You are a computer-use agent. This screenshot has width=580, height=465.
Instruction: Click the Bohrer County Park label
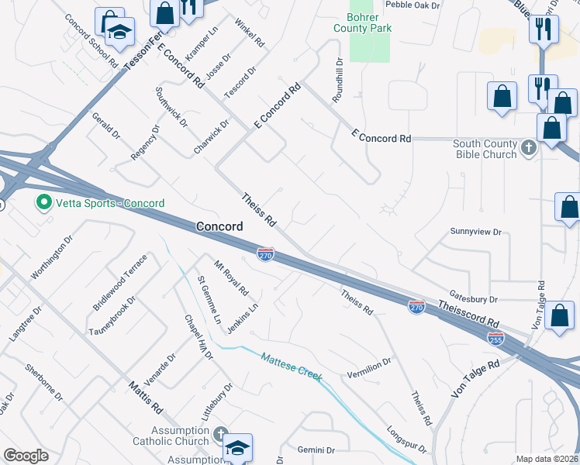point(362,22)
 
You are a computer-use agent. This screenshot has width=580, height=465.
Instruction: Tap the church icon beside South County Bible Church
point(529,147)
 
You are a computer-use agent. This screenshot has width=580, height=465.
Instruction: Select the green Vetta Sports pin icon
point(43,204)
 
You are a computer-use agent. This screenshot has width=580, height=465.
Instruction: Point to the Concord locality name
point(219,226)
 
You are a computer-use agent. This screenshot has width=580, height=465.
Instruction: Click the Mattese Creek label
point(292,366)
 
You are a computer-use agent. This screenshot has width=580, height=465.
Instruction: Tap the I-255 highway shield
point(495,338)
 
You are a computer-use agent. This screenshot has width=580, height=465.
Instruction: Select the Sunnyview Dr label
point(477,232)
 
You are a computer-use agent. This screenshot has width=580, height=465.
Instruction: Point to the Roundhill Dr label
point(337,81)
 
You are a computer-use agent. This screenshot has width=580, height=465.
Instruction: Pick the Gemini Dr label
point(316,449)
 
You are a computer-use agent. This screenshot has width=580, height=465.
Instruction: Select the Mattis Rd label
point(144,395)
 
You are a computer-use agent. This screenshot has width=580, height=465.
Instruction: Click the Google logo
point(26,456)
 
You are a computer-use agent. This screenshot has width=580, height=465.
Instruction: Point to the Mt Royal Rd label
point(231,278)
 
